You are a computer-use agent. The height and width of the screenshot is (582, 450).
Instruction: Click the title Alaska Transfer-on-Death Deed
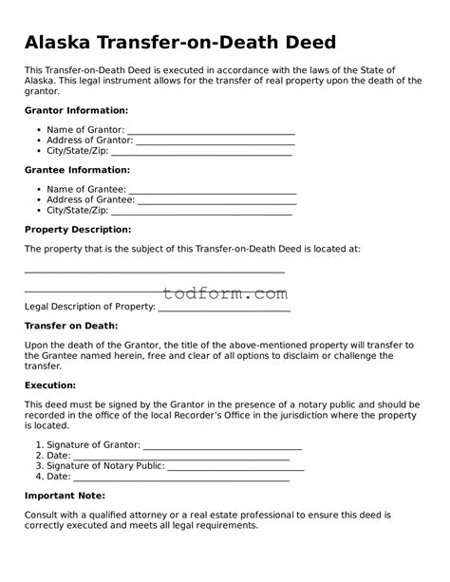point(179,43)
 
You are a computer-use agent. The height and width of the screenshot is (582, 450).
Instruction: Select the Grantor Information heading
point(77,110)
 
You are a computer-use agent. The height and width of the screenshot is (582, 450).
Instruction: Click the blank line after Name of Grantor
point(210,131)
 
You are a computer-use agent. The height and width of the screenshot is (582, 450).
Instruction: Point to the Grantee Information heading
point(77,170)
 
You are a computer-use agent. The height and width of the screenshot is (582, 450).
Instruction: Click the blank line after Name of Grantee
point(212,191)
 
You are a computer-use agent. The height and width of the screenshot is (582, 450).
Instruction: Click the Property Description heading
point(77,230)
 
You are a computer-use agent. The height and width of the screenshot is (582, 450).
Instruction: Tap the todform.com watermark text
point(225,294)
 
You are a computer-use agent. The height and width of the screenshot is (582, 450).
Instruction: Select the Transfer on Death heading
point(70,326)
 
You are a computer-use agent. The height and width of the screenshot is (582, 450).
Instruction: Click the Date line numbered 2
point(180,457)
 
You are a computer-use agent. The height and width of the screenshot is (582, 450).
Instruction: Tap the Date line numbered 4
point(180,478)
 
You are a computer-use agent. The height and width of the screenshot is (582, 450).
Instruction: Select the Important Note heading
point(64,495)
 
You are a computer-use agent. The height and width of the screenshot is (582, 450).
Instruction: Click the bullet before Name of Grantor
point(38,129)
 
